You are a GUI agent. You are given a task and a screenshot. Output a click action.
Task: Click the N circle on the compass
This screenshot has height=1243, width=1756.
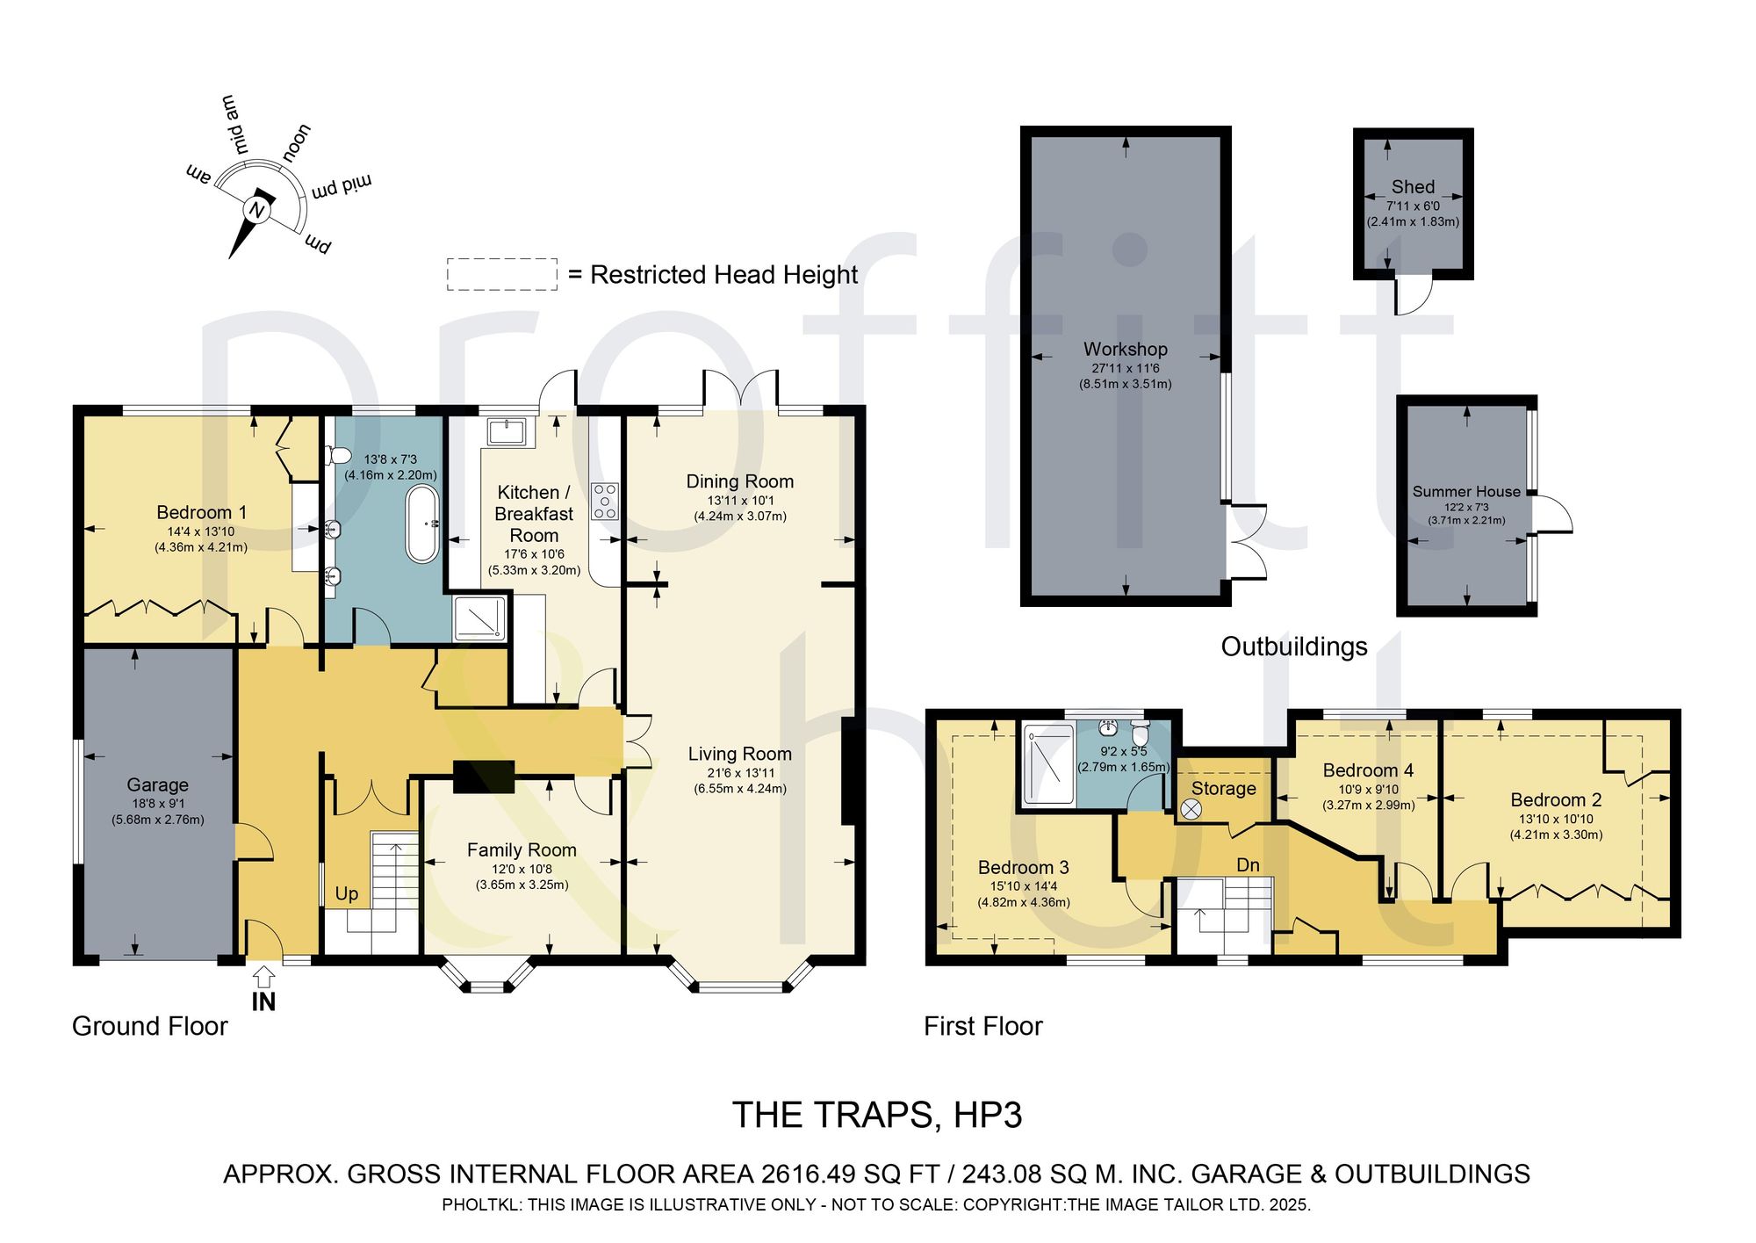coord(256,210)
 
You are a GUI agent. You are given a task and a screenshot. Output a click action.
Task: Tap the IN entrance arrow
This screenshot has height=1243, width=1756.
coord(263,977)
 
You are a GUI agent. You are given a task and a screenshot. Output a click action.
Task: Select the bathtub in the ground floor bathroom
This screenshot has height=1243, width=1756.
coord(422,524)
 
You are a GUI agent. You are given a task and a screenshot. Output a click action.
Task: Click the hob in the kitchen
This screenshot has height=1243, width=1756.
coord(605,501)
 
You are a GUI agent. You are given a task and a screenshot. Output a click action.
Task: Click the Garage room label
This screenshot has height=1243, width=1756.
coord(158,784)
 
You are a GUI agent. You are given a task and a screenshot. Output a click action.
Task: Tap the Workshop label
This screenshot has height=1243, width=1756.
coord(1126,349)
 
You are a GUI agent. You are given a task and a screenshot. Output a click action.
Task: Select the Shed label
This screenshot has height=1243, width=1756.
coord(1413,186)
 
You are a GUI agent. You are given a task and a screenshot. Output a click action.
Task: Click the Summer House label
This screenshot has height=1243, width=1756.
coord(1466,492)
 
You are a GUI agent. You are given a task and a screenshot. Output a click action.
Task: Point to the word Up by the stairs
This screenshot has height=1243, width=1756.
coord(347,894)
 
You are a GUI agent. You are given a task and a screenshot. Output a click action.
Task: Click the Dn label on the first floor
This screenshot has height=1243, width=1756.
coord(1248,865)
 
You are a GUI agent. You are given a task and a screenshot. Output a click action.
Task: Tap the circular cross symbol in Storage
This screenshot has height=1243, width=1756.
coord(1191,810)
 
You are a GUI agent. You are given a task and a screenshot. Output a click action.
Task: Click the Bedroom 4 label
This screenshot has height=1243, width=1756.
coord(1368,770)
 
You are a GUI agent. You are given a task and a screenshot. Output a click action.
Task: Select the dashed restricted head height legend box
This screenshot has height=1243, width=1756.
coord(502,274)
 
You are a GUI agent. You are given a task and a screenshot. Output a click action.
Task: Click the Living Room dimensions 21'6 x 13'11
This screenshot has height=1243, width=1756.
coord(740,773)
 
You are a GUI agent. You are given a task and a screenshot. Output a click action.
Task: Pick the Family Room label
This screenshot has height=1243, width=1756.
coord(522,849)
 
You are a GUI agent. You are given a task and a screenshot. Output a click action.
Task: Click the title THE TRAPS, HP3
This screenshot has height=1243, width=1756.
coord(877,1115)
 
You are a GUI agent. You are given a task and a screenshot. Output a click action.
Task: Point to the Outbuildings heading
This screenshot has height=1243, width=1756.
coord(1294,647)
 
